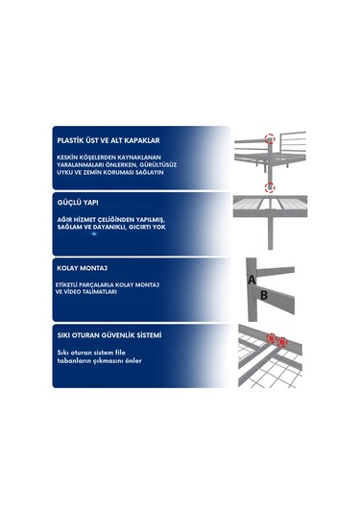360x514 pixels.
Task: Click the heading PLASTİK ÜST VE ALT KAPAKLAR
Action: tap(108, 140)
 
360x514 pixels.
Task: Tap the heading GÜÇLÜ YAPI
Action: tap(78, 203)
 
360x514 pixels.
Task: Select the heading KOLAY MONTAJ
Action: tap(83, 268)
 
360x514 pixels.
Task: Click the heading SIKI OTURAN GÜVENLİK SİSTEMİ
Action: tap(109, 335)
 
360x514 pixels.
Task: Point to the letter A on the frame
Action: tap(252, 281)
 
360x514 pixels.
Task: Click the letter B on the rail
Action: tap(264, 295)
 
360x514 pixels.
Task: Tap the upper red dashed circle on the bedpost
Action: tap(270, 139)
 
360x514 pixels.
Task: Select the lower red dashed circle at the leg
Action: tap(270, 188)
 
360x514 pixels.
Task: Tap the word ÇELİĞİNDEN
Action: tap(112, 220)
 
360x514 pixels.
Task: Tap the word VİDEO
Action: tap(70, 292)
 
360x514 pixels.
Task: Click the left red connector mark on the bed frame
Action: tap(272, 338)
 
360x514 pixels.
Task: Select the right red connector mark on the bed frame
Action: tap(281, 342)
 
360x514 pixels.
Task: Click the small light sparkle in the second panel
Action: tap(94, 233)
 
